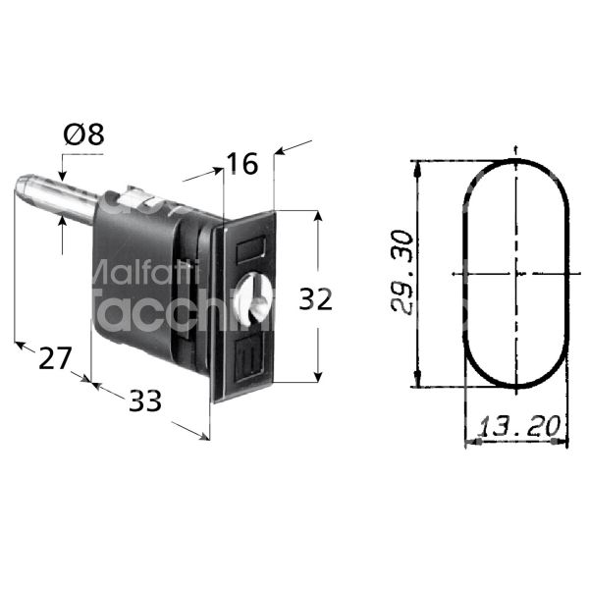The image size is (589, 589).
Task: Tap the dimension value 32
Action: [315, 299]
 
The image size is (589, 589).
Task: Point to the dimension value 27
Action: [55, 358]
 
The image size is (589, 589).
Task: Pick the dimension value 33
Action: [144, 400]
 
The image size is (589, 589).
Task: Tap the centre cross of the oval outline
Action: [516, 274]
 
